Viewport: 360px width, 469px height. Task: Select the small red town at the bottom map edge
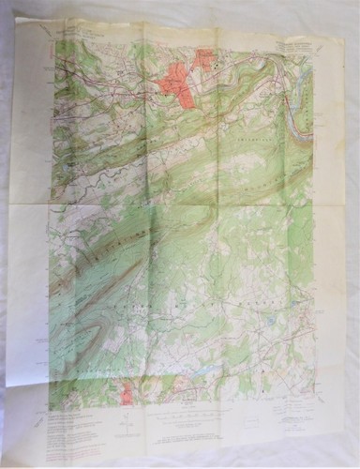tap(127, 394)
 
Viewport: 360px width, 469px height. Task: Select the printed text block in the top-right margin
tap(298, 42)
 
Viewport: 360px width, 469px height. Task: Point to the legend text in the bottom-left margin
tap(75, 418)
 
